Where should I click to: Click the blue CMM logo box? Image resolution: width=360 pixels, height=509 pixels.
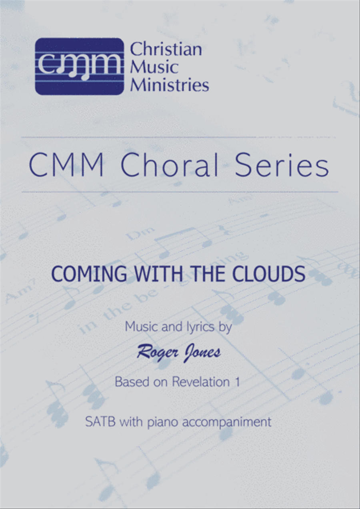[x=80, y=66]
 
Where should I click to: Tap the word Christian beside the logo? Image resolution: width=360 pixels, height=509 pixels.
[x=166, y=49]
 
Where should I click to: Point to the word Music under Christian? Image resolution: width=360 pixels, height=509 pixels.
[x=154, y=67]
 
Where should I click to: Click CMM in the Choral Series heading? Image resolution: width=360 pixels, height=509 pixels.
[x=66, y=165]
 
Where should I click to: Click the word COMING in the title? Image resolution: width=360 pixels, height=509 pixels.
[x=89, y=274]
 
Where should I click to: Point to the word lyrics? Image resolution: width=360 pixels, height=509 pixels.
[x=200, y=327]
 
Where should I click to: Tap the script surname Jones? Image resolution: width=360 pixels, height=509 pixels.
[x=202, y=353]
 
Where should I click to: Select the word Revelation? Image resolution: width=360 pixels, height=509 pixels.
[x=201, y=382]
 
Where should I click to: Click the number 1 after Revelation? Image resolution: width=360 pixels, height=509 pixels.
[x=237, y=382]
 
